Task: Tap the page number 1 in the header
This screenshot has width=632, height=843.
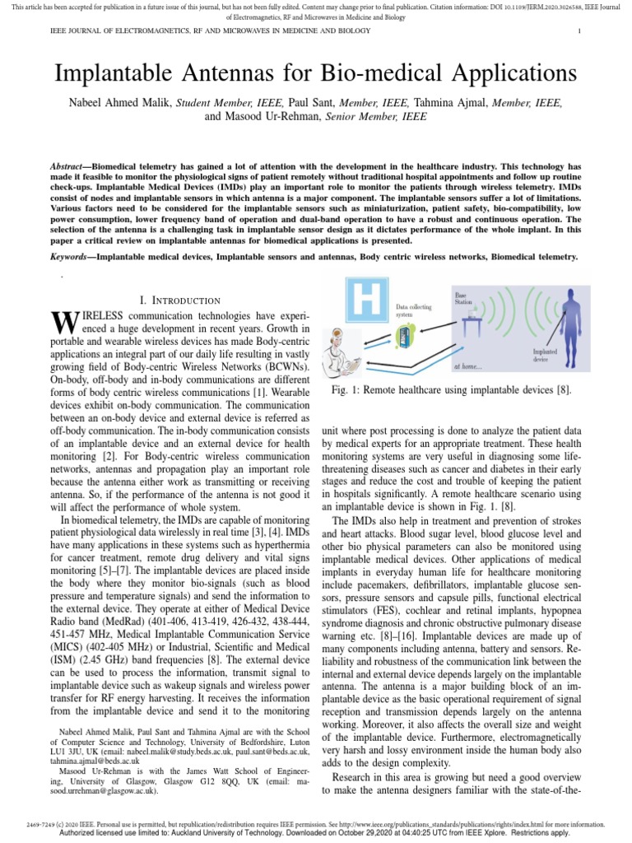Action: pyautogui.click(x=580, y=31)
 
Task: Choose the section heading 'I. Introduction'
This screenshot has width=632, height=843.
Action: pyautogui.click(x=182, y=300)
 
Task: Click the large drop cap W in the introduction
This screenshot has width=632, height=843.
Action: pyautogui.click(x=64, y=323)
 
